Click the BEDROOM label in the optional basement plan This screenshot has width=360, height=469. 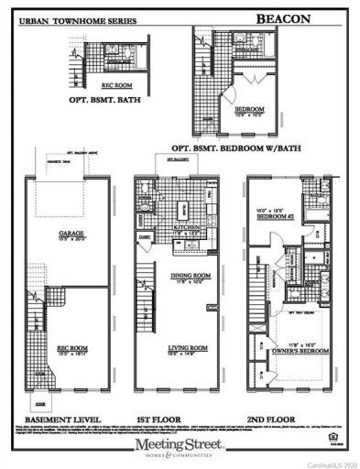coord(246,85)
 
